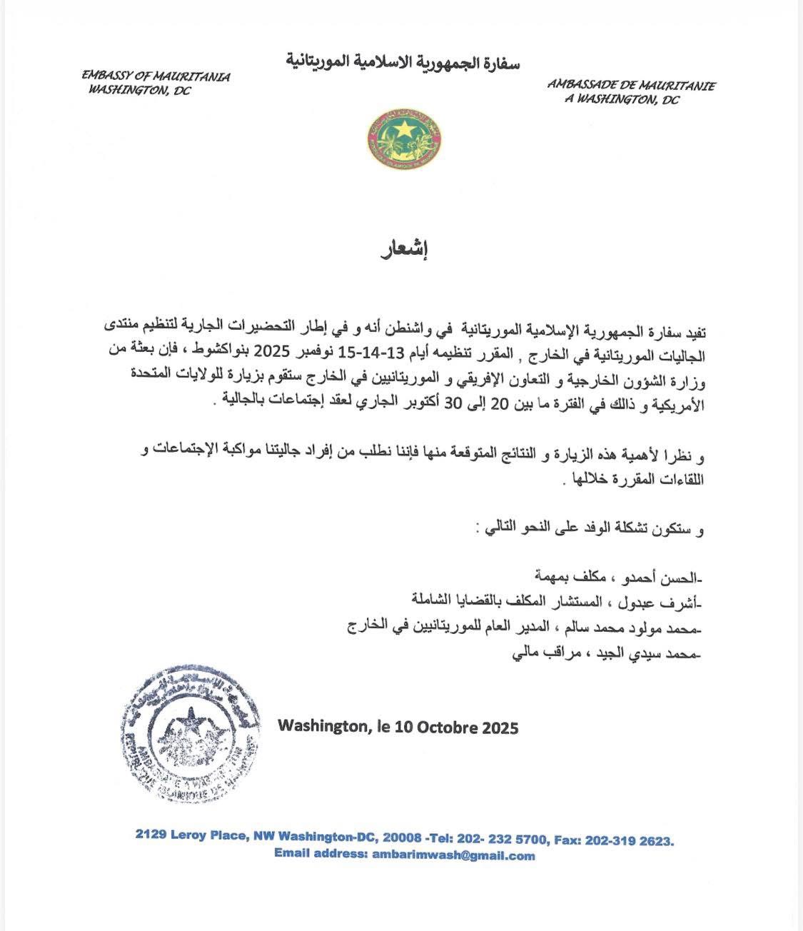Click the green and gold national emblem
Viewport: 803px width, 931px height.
pos(404,139)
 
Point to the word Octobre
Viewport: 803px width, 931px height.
pos(439,728)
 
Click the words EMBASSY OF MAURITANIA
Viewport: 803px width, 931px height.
pos(156,76)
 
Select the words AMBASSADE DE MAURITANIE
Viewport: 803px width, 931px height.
pos(632,85)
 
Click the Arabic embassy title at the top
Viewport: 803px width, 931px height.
pos(403,61)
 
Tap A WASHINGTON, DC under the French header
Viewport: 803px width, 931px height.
pos(622,100)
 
